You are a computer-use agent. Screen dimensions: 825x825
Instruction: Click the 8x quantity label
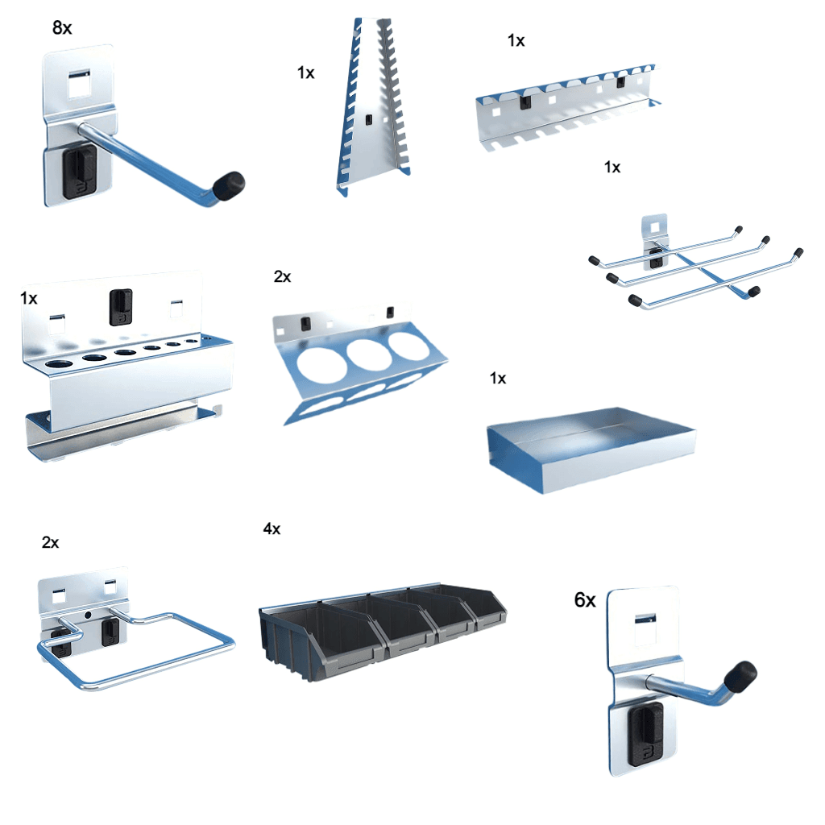click(62, 28)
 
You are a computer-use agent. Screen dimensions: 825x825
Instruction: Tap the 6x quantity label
click(585, 600)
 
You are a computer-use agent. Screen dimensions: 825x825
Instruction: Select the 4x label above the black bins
click(272, 529)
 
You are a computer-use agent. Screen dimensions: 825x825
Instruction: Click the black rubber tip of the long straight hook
click(234, 183)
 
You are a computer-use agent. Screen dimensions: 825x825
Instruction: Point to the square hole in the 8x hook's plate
click(80, 82)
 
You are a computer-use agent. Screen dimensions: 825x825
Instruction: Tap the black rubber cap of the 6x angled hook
click(740, 674)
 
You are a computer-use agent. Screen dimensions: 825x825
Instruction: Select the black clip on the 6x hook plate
click(644, 732)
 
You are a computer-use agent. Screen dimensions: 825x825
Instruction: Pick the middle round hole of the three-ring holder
click(360, 354)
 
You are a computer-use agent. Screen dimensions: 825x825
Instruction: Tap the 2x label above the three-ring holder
click(282, 277)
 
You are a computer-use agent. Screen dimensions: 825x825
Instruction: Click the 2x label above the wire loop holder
click(50, 543)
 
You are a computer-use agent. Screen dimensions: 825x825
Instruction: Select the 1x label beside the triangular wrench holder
click(305, 73)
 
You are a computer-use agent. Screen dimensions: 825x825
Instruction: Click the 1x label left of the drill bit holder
click(28, 299)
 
